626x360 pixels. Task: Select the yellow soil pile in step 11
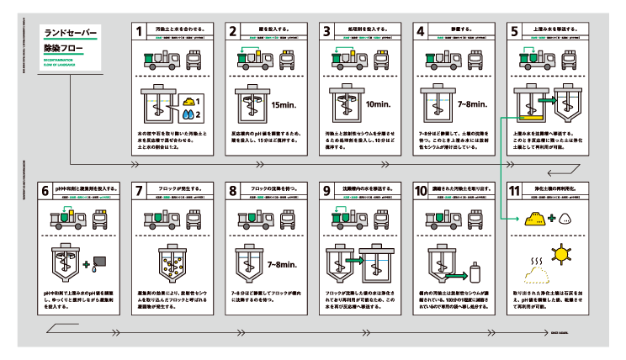(x=535, y=218)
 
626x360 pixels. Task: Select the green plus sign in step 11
(x=553, y=218)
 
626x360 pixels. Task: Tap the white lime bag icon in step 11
(x=566, y=218)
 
